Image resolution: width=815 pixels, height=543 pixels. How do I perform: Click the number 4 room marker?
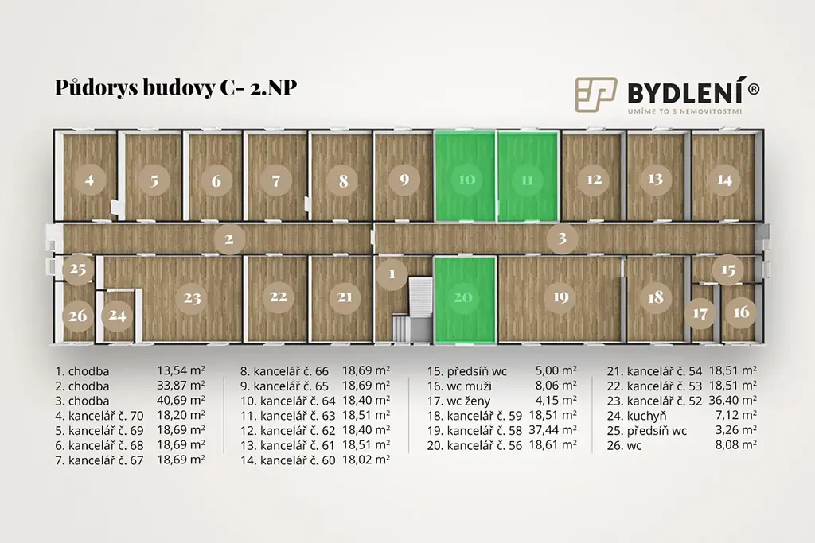click(89, 180)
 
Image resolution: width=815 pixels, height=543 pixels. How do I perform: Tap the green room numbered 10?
click(465, 176)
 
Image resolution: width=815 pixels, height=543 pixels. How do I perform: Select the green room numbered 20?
click(464, 299)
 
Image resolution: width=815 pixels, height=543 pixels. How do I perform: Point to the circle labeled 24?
click(117, 315)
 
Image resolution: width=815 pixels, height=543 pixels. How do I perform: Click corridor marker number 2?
click(228, 239)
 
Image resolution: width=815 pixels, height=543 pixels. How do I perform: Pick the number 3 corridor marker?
click(562, 239)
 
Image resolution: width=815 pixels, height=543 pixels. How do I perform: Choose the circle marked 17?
click(700, 313)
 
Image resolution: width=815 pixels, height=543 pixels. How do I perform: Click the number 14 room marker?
click(724, 180)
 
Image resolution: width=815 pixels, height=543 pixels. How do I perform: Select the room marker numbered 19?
click(560, 297)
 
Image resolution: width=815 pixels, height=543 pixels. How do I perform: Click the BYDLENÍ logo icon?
click(595, 95)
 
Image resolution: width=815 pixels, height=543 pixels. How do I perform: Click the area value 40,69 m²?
click(181, 400)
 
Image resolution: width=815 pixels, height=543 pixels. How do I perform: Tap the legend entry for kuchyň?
click(646, 416)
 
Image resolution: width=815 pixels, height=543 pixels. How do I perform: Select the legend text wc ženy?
click(459, 401)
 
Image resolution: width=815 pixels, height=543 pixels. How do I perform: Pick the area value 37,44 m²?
click(553, 430)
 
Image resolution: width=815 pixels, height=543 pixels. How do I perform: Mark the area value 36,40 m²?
click(732, 400)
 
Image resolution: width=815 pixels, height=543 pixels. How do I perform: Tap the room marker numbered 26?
click(78, 315)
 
